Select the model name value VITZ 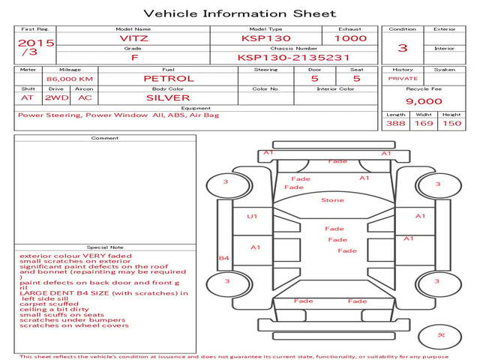pos(134,38)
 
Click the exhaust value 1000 pos(350,38)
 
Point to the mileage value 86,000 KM pos(69,78)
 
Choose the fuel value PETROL pos(168,78)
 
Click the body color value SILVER pos(168,97)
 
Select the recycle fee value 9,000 pos(424,101)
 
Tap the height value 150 pos(451,124)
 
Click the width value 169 pos(424,124)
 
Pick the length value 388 pos(396,124)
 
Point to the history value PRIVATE pos(403,78)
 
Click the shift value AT pos(28,97)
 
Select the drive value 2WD pos(53,97)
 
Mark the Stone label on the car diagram pos(332,200)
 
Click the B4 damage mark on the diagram pos(223,258)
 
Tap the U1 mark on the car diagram pos(252,216)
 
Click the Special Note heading pos(104,247)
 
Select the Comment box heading pos(104,139)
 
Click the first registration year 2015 pos(35,43)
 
